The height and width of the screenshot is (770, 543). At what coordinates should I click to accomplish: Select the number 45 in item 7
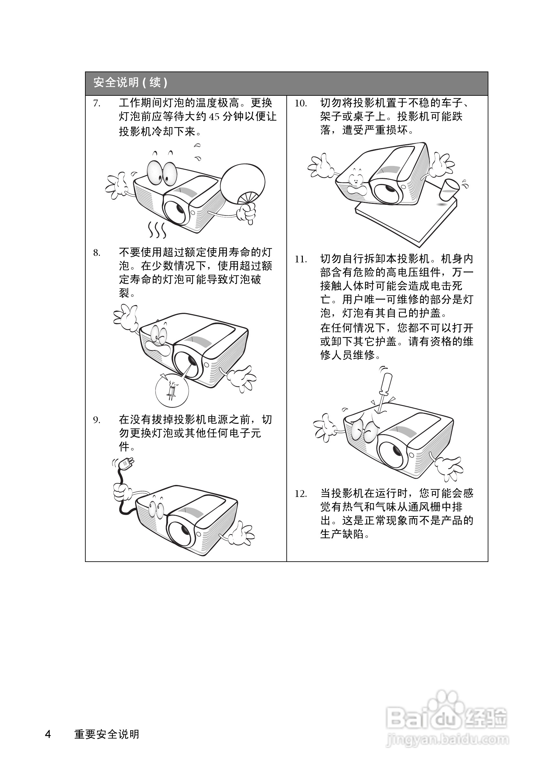pos(214,117)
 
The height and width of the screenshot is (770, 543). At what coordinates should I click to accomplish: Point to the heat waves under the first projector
pos(157,230)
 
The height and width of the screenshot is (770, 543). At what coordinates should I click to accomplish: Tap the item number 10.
pos(301,103)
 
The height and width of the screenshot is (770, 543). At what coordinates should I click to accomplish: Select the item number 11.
pos(301,259)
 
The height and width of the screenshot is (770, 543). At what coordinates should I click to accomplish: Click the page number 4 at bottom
pos(48,734)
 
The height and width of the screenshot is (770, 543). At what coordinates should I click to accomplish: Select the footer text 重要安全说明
pos(107,734)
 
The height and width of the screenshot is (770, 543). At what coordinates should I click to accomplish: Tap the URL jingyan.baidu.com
pos(447,739)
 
